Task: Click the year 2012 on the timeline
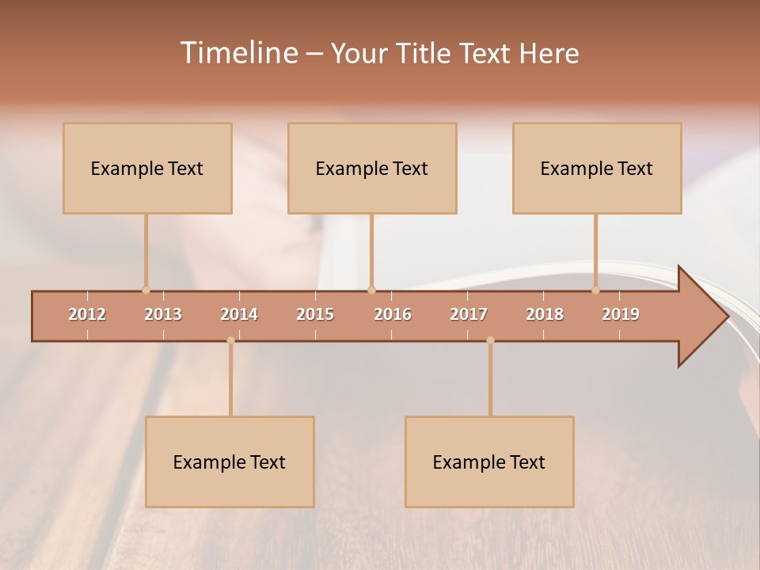click(87, 314)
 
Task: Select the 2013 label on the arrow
click(163, 314)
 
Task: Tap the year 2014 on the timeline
click(239, 314)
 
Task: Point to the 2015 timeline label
click(315, 314)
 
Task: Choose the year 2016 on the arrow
click(393, 314)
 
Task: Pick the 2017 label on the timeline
click(469, 314)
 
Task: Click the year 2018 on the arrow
click(545, 314)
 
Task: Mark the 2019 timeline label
click(621, 314)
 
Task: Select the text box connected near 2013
click(147, 168)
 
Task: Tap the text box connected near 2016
click(372, 168)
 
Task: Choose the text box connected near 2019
click(597, 168)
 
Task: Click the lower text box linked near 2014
click(230, 462)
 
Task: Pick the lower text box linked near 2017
click(489, 462)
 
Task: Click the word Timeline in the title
click(238, 53)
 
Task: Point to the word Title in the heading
click(427, 53)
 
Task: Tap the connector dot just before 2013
click(146, 290)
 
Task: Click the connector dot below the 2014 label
click(230, 340)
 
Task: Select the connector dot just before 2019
click(596, 290)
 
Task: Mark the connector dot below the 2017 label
click(490, 340)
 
